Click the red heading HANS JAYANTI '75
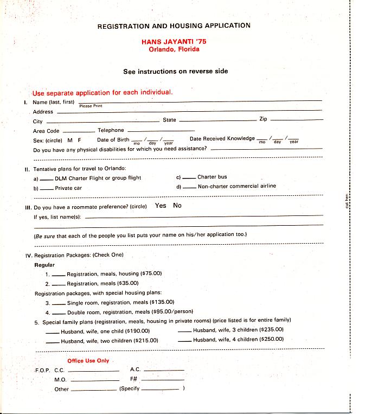(x=174, y=41)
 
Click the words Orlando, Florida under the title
(x=174, y=49)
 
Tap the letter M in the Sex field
(x=70, y=140)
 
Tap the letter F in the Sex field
(x=80, y=140)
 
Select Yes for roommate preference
(x=161, y=206)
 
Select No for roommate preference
(x=177, y=206)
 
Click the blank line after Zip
(x=296, y=120)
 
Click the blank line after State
(x=216, y=120)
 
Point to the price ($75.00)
(x=151, y=273)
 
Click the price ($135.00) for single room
(x=162, y=302)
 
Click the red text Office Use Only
(x=88, y=361)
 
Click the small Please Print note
(x=91, y=106)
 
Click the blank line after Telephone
(x=161, y=131)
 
